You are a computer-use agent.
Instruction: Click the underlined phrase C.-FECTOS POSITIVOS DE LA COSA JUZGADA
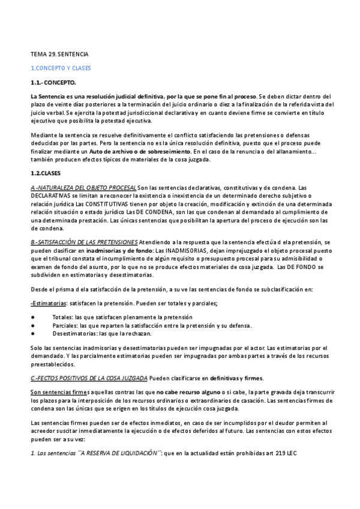[x=89, y=378]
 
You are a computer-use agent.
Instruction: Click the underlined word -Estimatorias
[x=49, y=303]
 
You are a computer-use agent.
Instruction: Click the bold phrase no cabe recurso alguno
[x=176, y=393]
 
